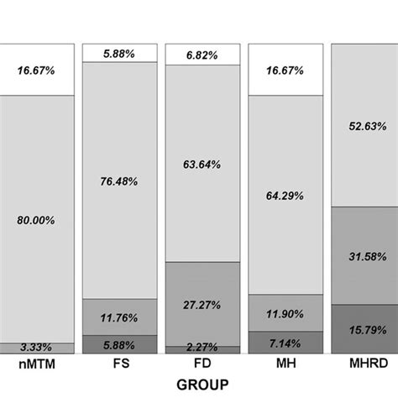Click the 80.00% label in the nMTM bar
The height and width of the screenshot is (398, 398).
pyautogui.click(x=36, y=220)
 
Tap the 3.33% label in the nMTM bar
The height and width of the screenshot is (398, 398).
pyautogui.click(x=36, y=347)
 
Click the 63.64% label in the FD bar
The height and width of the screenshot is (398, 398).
pyautogui.click(x=202, y=165)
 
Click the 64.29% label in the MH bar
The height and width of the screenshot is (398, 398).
pyautogui.click(x=285, y=195)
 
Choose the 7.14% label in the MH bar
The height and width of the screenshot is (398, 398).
pyautogui.click(x=285, y=344)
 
